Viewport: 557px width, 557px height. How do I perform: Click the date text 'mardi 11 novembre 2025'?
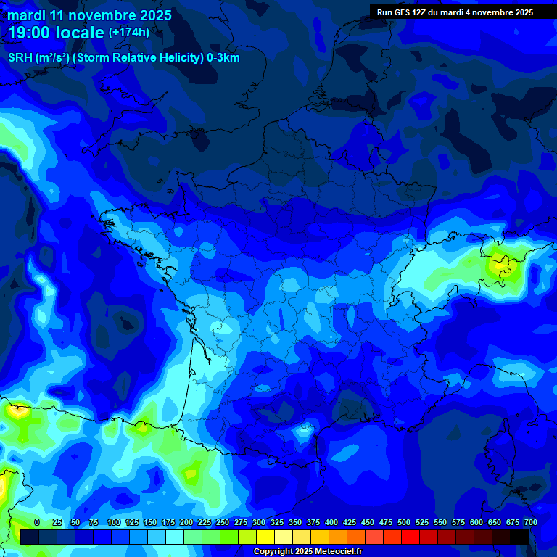tap(90, 15)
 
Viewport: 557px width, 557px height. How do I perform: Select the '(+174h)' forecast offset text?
tap(129, 33)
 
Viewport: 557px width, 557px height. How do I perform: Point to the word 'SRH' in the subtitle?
tap(20, 58)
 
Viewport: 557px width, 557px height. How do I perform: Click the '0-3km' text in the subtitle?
tap(223, 58)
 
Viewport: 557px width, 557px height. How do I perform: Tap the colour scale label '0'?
tap(37, 522)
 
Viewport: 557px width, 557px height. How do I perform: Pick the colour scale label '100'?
tap(114, 522)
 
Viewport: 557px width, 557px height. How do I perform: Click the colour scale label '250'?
tap(223, 522)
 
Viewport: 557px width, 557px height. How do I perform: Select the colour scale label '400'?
tap(331, 522)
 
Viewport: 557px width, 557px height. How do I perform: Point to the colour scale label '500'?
tap(404, 522)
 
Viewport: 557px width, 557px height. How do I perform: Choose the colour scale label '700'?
tap(531, 522)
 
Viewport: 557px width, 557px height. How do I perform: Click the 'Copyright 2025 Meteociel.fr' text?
tap(308, 552)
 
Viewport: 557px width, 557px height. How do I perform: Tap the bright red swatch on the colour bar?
tap(410, 537)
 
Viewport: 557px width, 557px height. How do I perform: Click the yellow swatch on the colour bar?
tap(265, 537)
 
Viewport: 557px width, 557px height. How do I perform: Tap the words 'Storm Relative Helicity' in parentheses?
tap(141, 58)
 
